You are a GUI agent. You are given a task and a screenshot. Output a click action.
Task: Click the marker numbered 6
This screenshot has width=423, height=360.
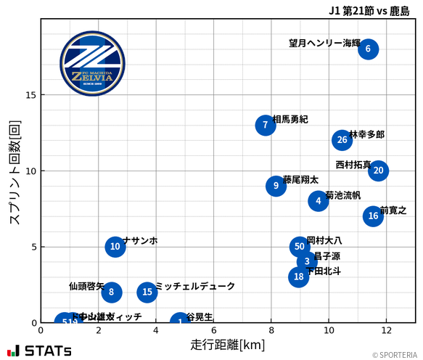(x=368, y=49)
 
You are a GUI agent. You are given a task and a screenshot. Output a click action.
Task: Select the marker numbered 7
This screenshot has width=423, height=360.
(x=266, y=126)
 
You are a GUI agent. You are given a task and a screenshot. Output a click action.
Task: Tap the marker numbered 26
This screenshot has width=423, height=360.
(x=342, y=140)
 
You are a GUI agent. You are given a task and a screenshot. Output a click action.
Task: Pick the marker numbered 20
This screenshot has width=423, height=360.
(x=378, y=171)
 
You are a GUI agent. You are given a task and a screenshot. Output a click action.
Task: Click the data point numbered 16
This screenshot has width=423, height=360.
(x=373, y=216)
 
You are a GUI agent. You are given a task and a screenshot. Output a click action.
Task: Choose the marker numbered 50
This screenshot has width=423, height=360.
(x=300, y=247)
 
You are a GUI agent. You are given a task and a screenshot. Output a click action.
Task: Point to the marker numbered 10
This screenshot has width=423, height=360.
(x=115, y=247)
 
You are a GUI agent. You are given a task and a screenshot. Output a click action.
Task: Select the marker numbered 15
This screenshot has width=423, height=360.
(x=147, y=292)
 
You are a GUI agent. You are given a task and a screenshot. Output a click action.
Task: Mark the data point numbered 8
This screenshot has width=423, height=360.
(x=111, y=292)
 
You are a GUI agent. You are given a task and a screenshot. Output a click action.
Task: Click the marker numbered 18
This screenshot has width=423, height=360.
(x=299, y=277)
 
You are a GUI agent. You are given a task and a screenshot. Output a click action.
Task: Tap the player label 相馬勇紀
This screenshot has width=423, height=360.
(x=290, y=119)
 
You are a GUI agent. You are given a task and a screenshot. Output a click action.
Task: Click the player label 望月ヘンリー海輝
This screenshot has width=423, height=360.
(x=324, y=44)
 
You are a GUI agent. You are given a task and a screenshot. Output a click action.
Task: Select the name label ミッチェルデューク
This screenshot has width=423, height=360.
(x=195, y=287)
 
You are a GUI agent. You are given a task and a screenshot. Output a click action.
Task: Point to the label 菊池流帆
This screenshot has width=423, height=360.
(x=343, y=195)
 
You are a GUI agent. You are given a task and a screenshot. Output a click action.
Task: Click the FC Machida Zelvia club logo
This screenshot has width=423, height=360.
(x=92, y=64)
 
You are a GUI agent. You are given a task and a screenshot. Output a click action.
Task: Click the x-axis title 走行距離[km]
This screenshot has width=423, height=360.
(x=228, y=344)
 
